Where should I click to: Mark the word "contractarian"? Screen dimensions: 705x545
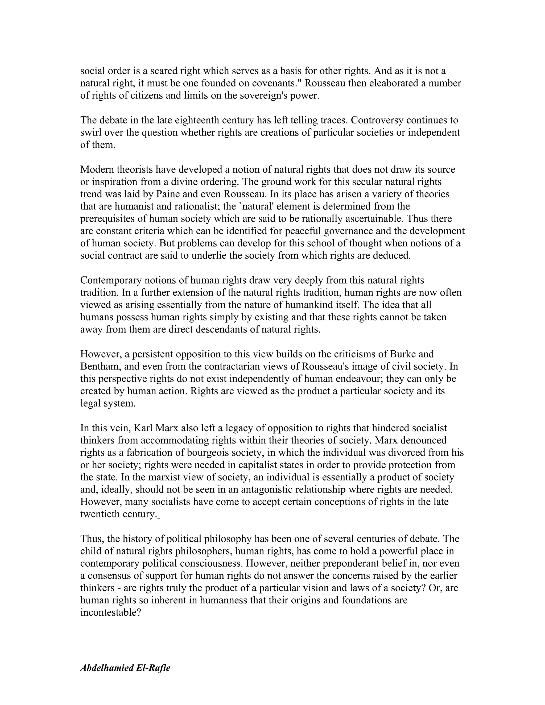232,366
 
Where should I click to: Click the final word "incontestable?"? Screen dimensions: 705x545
111,612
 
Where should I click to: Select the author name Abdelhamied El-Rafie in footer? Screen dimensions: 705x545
125,667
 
